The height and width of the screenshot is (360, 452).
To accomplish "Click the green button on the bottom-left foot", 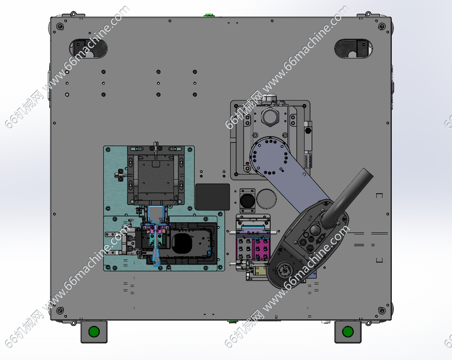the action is tap(94, 332).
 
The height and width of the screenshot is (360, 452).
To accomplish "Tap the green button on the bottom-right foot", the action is tap(348, 332).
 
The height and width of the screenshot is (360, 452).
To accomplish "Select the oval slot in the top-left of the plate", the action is tap(88, 49).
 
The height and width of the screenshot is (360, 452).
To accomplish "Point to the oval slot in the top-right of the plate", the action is tap(353, 49).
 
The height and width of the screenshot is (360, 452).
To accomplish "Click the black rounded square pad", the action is tap(212, 197).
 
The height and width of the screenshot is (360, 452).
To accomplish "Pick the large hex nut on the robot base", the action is tap(270, 117).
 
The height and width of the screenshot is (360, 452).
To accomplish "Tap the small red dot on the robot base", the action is tap(248, 164).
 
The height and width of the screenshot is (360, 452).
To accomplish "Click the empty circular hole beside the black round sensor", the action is tap(266, 199).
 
